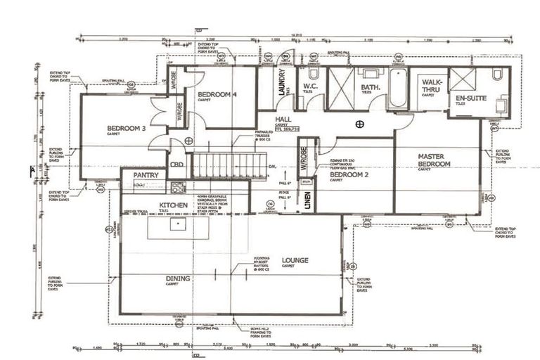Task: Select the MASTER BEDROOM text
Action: pos(434,160)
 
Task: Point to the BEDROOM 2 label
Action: pos(349,174)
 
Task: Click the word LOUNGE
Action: pos(295,260)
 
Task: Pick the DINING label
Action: pos(178,278)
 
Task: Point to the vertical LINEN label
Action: pos(307,200)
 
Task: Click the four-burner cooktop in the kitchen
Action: pos(178,188)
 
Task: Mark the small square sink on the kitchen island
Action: pos(178,224)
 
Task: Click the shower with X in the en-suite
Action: pos(462,78)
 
